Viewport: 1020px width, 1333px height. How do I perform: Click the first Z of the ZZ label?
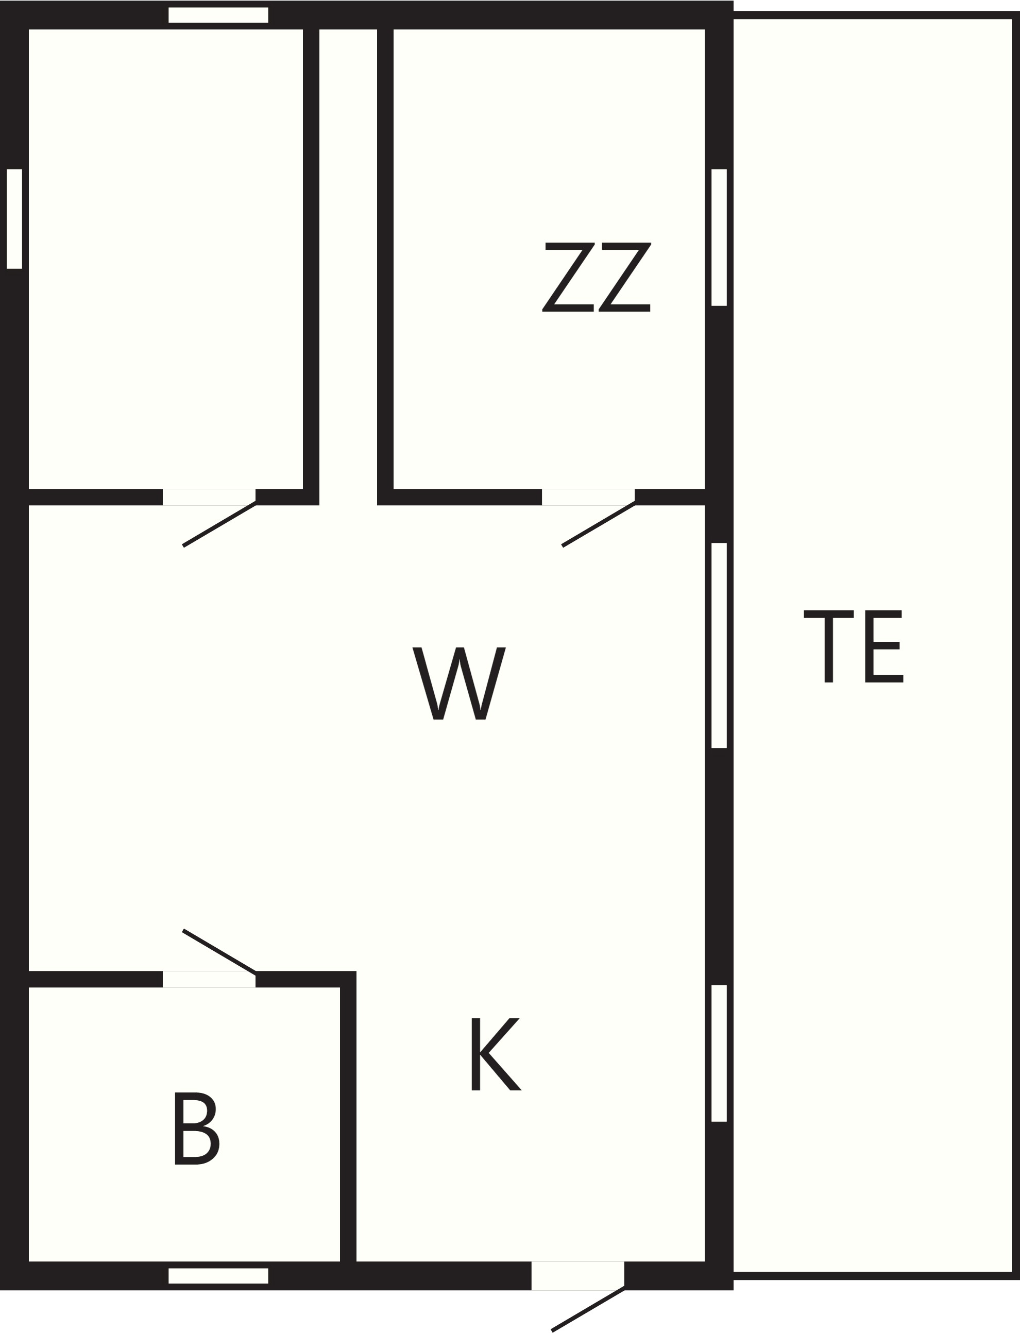[x=568, y=278]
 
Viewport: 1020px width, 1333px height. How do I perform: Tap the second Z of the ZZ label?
[x=625, y=278]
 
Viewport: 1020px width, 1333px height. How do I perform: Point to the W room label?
[x=459, y=683]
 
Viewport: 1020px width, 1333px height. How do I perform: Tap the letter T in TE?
[x=829, y=646]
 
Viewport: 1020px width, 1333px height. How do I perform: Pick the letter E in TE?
[x=884, y=646]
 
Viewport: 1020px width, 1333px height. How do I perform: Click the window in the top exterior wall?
[x=218, y=15]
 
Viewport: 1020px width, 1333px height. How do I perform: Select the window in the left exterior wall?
[x=14, y=218]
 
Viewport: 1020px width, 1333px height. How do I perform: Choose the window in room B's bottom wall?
[x=218, y=1276]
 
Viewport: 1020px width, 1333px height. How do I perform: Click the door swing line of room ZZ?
[x=599, y=524]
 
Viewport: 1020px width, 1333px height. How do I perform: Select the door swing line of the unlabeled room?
[x=219, y=524]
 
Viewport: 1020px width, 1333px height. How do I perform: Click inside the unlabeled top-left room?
[x=166, y=259]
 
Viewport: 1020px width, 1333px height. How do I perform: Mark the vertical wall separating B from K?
[x=348, y=1116]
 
